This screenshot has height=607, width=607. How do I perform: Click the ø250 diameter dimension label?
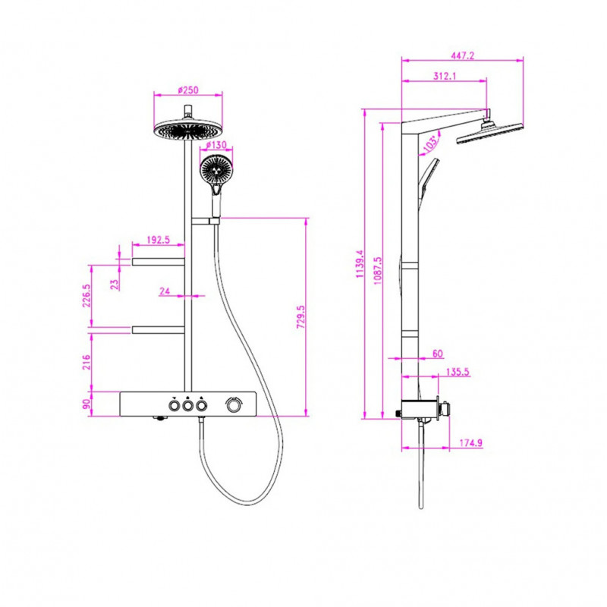pyautogui.click(x=188, y=90)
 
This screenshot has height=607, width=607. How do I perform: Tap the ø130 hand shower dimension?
pyautogui.click(x=216, y=145)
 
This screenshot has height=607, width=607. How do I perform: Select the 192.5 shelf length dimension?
pyautogui.click(x=159, y=240)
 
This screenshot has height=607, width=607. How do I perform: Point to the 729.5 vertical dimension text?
pyautogui.click(x=300, y=317)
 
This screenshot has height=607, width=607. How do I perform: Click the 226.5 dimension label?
pyautogui.click(x=86, y=296)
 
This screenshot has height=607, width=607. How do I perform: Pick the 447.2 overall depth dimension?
pyautogui.click(x=462, y=55)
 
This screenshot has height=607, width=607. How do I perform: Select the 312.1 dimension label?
pyautogui.click(x=445, y=77)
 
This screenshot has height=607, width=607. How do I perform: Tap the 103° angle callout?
pyautogui.click(x=430, y=143)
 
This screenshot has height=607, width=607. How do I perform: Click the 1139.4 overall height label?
pyautogui.click(x=360, y=263)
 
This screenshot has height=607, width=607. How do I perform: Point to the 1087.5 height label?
pyautogui.click(x=377, y=271)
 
